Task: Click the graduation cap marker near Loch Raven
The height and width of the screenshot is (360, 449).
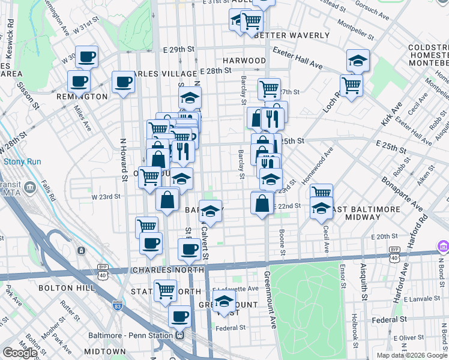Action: click(358, 61)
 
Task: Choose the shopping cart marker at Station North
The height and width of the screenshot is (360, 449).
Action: click(165, 290)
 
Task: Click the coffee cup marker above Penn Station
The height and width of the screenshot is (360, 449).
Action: click(179, 317)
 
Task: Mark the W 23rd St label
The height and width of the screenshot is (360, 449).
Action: click(106, 196)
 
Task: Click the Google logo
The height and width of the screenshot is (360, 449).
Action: click(20, 353)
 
